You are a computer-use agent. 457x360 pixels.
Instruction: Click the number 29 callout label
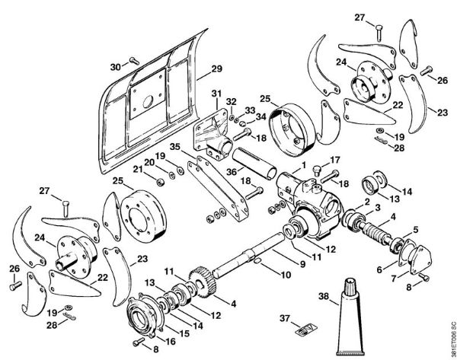[x=217, y=68]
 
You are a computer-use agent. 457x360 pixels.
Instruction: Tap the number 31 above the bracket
[x=216, y=94]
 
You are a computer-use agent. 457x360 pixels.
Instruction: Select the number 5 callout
[x=416, y=229]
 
